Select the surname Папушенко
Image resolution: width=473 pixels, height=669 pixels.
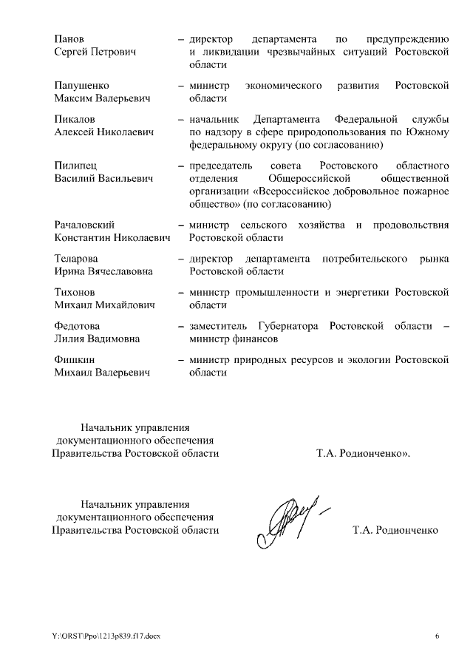[83, 86]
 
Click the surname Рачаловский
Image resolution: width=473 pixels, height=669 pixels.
[89, 225]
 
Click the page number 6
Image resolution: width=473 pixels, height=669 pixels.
[437, 636]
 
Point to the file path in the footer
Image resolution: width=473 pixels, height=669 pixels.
[105, 636]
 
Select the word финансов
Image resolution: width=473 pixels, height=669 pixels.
[253, 339]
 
